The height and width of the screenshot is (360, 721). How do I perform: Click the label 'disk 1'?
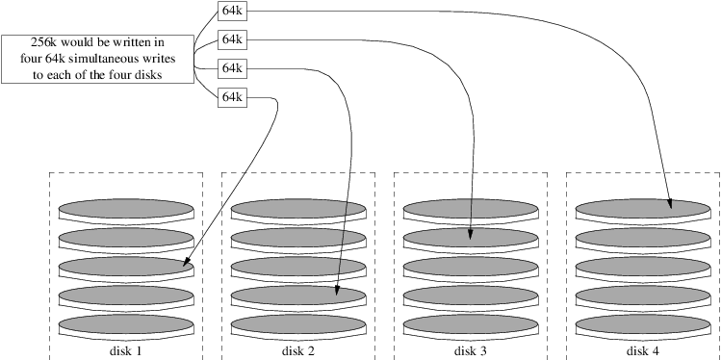(x=125, y=351)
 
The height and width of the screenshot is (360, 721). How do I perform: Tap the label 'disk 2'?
(x=297, y=351)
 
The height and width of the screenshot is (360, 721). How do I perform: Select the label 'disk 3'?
(x=470, y=351)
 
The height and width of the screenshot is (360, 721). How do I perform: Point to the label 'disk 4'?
(x=642, y=351)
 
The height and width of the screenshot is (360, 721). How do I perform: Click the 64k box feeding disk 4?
(x=231, y=11)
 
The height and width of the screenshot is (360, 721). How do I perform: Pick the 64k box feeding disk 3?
(x=231, y=39)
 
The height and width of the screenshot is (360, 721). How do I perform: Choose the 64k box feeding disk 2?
(x=231, y=68)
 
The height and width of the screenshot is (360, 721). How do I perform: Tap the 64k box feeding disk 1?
(x=231, y=97)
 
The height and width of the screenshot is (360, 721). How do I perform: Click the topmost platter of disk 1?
(x=126, y=208)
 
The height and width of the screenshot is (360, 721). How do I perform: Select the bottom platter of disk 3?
(x=471, y=323)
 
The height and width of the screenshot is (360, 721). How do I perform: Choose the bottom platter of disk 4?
(x=643, y=323)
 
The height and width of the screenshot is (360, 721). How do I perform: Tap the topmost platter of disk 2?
(x=298, y=208)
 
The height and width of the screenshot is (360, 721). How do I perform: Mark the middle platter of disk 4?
(x=643, y=266)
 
